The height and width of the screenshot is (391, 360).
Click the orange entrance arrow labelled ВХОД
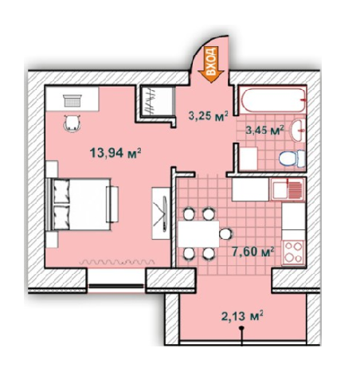(x=212, y=62)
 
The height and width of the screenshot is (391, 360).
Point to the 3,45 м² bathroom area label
(x=265, y=130)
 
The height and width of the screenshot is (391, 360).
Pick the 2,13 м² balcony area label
(x=241, y=316)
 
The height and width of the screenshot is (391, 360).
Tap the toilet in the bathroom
(x=292, y=157)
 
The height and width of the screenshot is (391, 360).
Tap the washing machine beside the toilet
(x=248, y=157)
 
